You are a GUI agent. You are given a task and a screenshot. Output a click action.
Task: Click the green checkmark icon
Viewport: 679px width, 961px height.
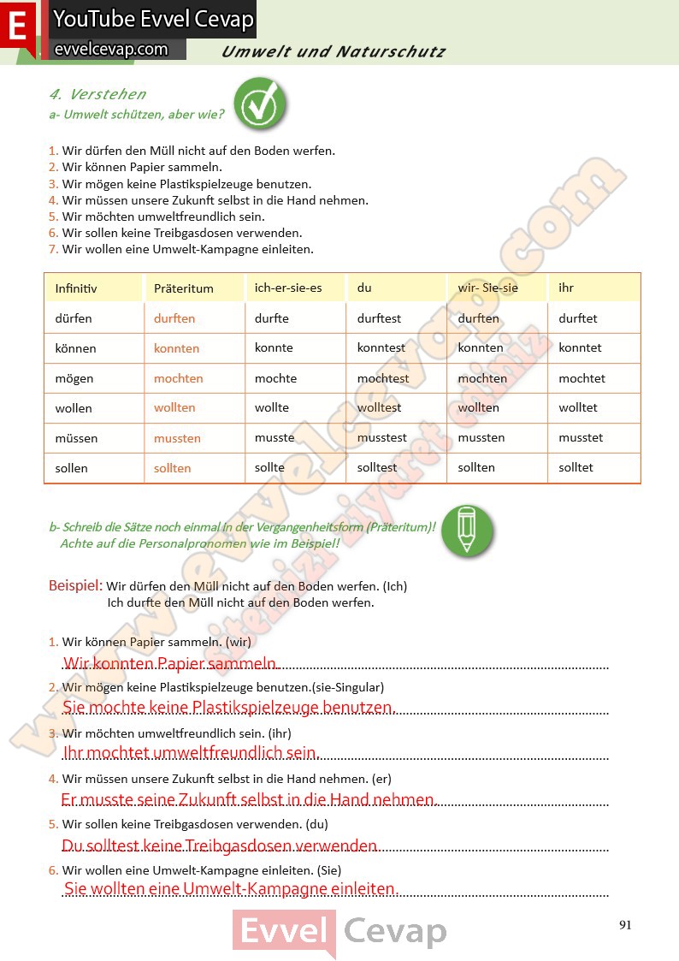[259, 104]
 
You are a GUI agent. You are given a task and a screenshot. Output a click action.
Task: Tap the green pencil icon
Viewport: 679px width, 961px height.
[466, 531]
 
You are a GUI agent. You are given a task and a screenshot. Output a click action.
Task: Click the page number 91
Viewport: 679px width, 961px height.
[625, 924]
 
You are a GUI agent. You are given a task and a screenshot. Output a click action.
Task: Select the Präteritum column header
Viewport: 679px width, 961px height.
[184, 288]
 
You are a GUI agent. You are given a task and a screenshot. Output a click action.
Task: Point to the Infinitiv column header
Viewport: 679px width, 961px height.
[76, 288]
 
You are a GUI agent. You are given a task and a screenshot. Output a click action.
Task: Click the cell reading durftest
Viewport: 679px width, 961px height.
[379, 318]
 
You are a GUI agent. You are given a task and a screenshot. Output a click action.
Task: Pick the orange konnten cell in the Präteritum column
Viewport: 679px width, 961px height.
[176, 348]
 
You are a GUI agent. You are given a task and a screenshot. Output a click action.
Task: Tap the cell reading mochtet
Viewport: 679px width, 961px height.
[582, 378]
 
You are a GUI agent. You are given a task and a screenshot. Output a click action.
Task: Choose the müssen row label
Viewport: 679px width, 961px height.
[76, 438]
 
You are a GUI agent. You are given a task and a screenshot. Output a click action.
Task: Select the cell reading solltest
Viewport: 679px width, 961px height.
[377, 467]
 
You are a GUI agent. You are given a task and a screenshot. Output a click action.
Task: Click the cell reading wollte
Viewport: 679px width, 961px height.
[272, 407]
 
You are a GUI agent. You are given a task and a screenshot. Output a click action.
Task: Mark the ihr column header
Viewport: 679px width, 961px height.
[566, 288]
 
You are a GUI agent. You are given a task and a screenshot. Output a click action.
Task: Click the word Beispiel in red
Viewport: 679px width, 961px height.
[75, 586]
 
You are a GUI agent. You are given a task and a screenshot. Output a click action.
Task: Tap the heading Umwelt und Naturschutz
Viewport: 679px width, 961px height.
[333, 51]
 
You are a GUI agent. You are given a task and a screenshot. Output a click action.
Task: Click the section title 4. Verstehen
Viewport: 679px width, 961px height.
[97, 94]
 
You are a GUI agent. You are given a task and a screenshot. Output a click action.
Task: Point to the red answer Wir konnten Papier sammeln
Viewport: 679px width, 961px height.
[170, 663]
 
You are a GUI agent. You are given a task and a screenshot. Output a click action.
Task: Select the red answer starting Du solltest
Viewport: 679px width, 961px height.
[220, 845]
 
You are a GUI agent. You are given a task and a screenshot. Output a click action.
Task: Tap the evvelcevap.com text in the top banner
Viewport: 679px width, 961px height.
[111, 49]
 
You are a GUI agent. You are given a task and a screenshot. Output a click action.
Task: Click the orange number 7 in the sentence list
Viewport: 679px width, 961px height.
[53, 250]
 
